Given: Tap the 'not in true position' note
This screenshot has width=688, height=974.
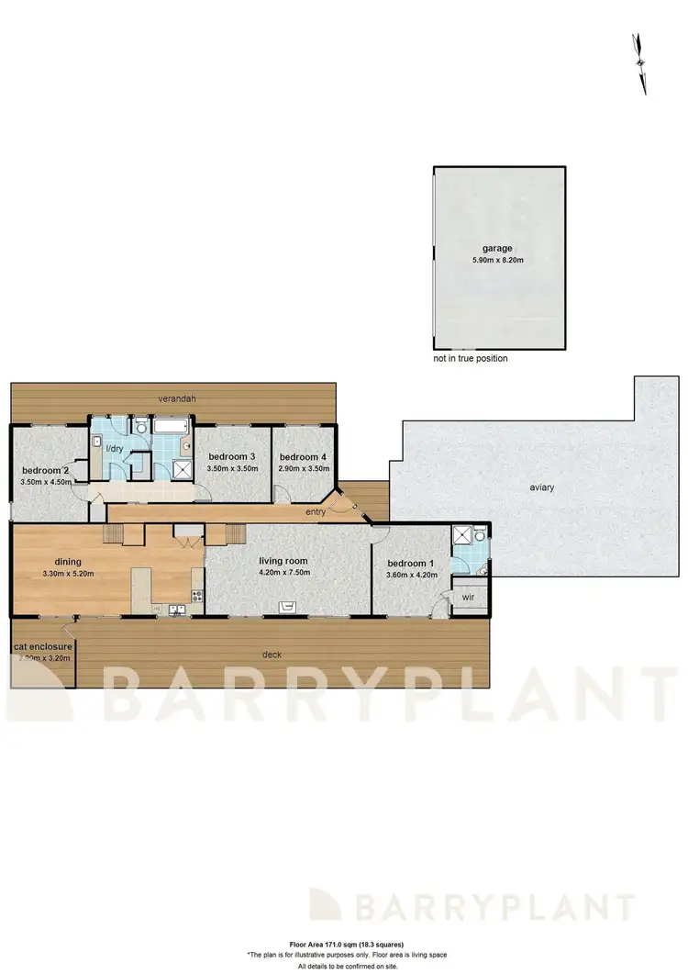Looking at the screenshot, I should tap(471, 358).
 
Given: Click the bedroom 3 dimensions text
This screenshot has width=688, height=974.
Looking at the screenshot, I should tap(232, 469).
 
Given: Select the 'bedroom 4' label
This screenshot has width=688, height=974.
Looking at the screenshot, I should tap(304, 457).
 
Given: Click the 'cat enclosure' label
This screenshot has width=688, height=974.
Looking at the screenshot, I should tap(42, 647).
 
